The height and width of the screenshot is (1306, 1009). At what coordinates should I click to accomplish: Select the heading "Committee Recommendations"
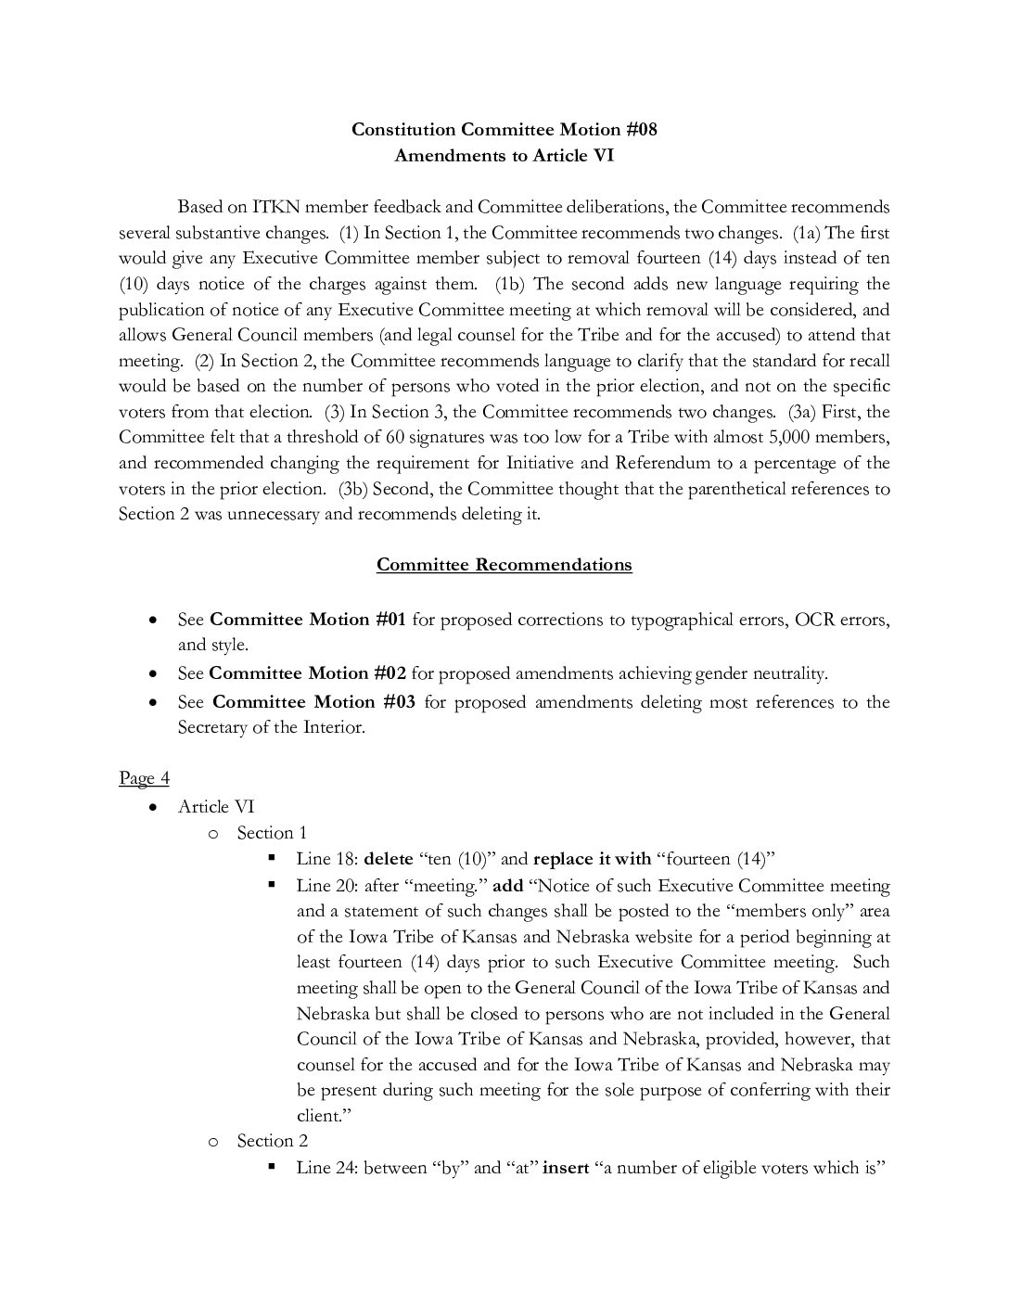[504, 564]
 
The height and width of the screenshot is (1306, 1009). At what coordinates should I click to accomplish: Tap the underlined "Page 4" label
[144, 777]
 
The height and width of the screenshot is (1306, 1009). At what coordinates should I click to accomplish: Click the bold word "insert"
[566, 1167]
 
